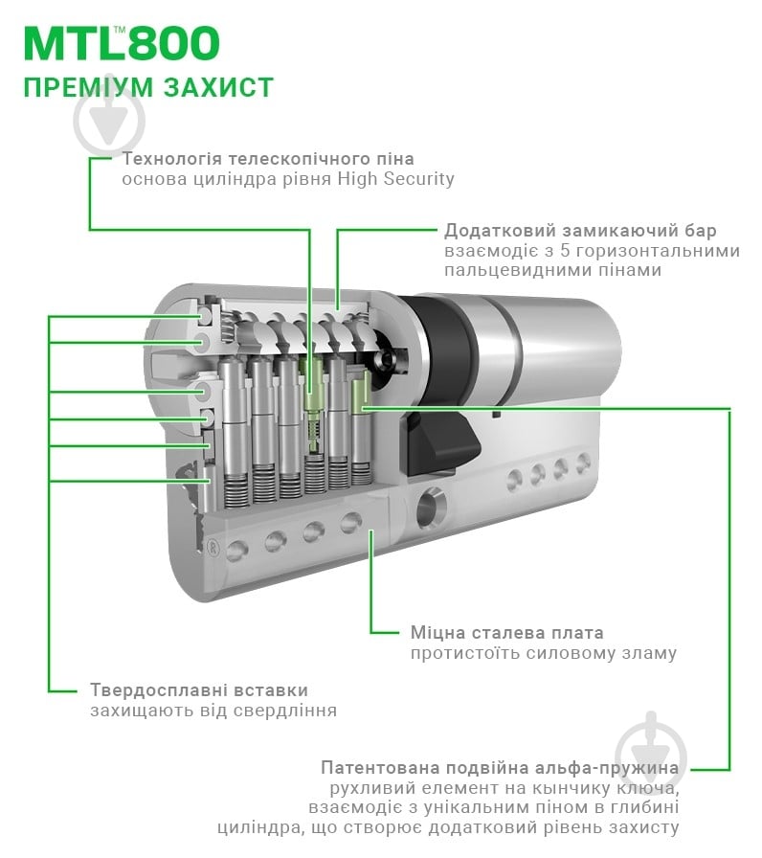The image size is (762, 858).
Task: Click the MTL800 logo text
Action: click(122, 44)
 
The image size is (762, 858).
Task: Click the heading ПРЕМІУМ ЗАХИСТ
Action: click(148, 87)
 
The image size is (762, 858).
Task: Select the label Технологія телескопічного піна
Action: click(268, 158)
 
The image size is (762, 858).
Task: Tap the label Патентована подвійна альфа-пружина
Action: click(500, 768)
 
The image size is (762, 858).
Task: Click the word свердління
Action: click(286, 711)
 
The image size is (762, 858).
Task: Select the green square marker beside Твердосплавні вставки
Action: click(81, 689)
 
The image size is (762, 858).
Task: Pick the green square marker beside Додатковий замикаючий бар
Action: click(436, 231)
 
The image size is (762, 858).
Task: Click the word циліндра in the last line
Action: click(257, 827)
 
